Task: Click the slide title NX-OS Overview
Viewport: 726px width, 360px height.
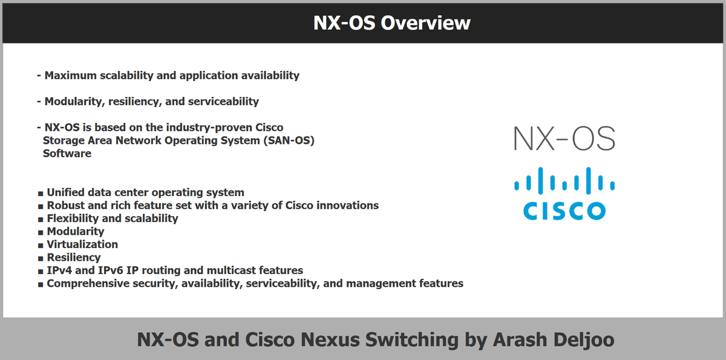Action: coord(391,23)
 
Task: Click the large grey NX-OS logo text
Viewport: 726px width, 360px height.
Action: coord(564,139)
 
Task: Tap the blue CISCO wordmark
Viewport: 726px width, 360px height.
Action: coord(564,210)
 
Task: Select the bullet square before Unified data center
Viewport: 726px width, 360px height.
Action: coord(41,194)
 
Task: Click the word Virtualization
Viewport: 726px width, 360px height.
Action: coord(82,244)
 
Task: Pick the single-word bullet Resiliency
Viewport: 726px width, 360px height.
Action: coord(74,258)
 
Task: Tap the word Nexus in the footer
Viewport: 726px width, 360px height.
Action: coord(333,339)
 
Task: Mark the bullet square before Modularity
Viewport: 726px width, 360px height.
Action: coord(41,232)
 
